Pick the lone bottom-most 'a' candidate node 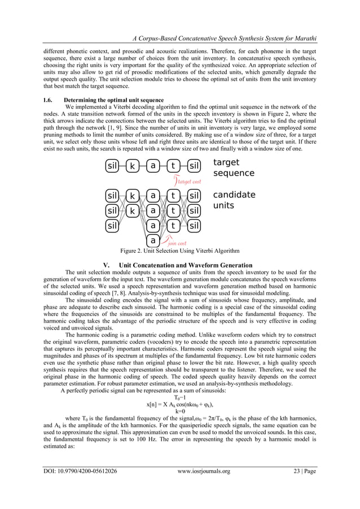tap(153, 239)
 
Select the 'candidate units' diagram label tap(234, 200)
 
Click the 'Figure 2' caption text tap(179, 251)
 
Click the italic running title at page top tap(223, 38)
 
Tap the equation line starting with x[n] tap(180, 404)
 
